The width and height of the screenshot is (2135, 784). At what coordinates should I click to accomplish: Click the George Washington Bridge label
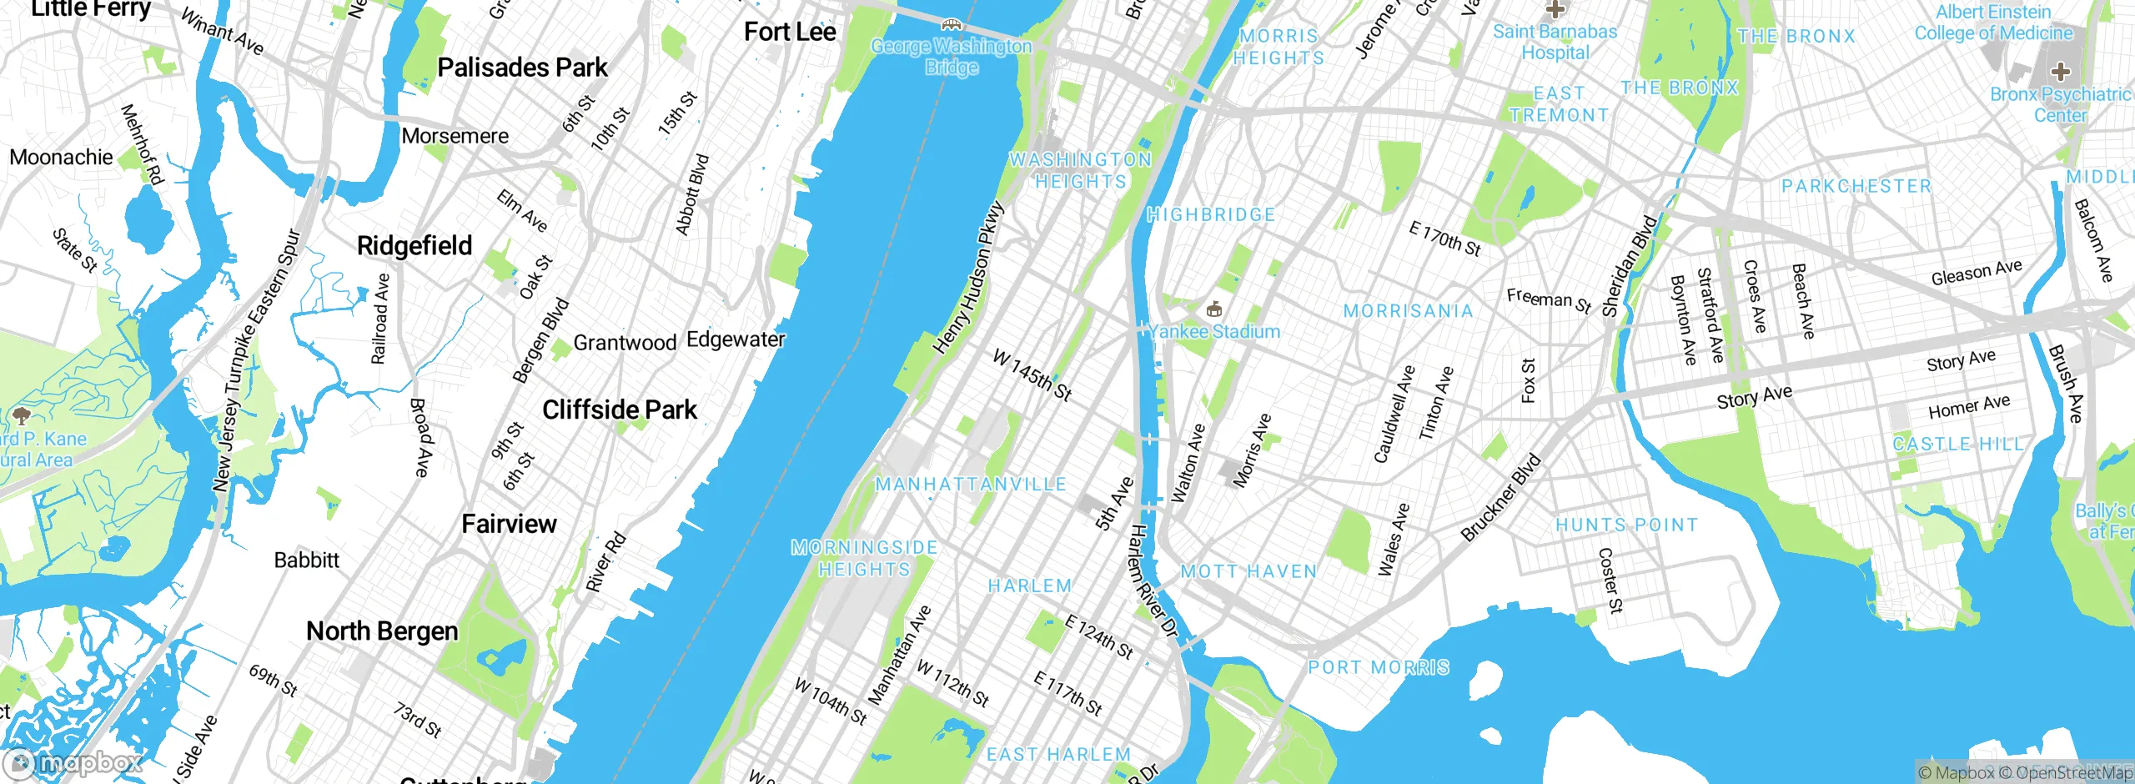[951, 56]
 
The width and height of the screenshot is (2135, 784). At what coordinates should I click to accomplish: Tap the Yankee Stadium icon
[1214, 310]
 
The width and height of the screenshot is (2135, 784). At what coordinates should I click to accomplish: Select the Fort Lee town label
[789, 33]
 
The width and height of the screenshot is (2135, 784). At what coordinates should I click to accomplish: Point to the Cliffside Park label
[619, 410]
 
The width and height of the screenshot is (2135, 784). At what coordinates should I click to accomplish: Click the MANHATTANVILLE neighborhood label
[971, 485]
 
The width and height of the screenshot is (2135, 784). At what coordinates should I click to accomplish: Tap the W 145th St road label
[1032, 374]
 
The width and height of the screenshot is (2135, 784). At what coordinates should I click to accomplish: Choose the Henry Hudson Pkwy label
[968, 278]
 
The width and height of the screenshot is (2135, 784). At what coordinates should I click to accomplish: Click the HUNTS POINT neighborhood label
[1626, 525]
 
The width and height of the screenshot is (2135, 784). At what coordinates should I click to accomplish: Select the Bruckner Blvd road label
[1501, 497]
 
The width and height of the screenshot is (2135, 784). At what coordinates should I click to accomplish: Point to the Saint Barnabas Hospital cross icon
[1555, 10]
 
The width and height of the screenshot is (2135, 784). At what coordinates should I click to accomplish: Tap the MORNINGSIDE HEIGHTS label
[864, 559]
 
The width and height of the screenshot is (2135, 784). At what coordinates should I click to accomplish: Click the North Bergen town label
[382, 631]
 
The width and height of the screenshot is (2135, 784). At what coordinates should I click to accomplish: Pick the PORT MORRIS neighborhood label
[1378, 668]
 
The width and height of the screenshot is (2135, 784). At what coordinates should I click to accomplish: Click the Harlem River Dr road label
[1153, 581]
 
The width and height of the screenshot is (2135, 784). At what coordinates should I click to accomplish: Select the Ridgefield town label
[414, 246]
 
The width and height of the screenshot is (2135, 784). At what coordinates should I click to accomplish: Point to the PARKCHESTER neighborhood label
[1856, 187]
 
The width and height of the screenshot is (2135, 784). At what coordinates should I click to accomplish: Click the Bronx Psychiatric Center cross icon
[2060, 71]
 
